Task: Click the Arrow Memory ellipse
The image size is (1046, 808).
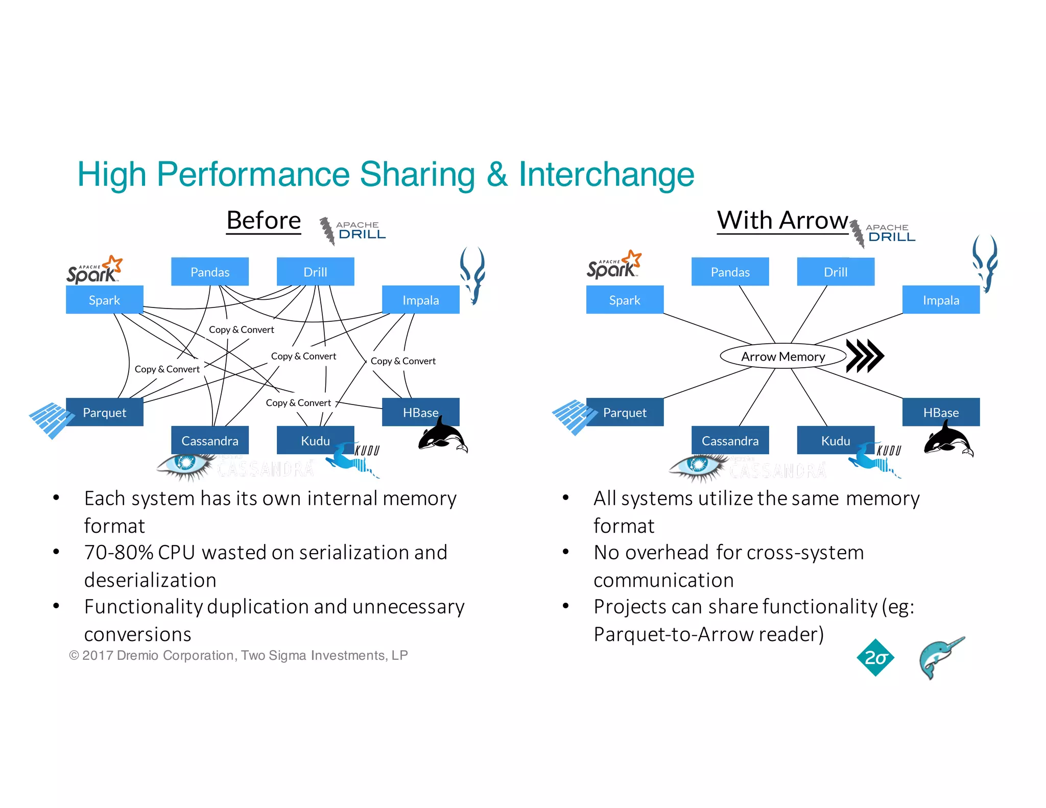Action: click(782, 357)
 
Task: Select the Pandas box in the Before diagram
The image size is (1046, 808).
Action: click(209, 272)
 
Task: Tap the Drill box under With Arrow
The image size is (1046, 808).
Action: click(835, 272)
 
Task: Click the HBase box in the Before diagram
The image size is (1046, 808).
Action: click(420, 412)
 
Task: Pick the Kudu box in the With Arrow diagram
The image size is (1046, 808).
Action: click(835, 440)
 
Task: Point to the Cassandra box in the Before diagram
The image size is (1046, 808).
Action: click(209, 440)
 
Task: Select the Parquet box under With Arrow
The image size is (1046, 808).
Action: click(624, 412)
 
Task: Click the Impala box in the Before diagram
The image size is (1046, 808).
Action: click(420, 300)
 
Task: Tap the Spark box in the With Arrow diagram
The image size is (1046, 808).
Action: click(624, 300)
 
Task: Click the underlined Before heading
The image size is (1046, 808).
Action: click(264, 221)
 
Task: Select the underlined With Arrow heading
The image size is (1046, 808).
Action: click(782, 221)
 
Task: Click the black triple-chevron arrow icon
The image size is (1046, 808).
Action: click(864, 355)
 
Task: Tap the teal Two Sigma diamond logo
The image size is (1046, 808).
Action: click(875, 657)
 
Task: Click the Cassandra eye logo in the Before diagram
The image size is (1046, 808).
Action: click(185, 465)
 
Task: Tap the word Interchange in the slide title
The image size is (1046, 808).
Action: click(606, 174)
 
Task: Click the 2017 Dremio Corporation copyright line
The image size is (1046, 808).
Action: click(239, 655)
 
